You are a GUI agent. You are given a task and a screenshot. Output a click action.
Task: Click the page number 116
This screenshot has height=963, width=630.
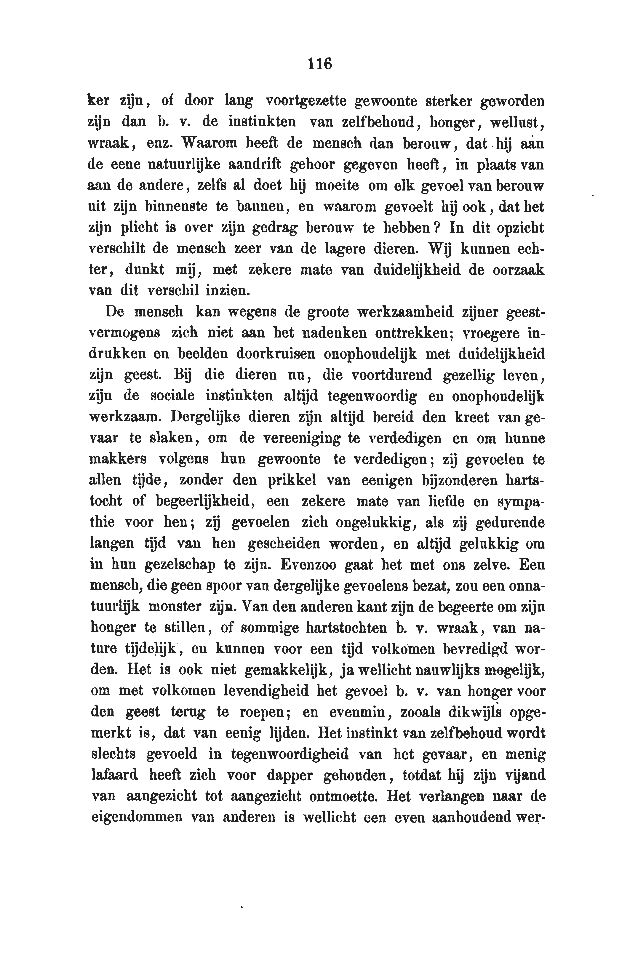(319, 64)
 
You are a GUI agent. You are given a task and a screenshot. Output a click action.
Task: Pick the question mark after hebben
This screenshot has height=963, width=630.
(436, 228)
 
